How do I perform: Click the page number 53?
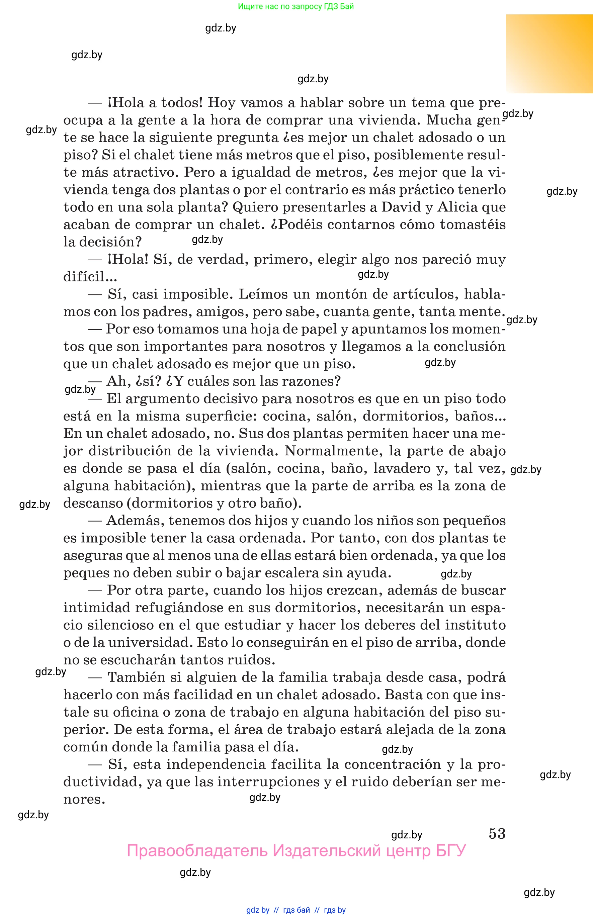click(x=497, y=833)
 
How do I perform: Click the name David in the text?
click(x=401, y=207)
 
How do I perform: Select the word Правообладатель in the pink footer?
click(x=197, y=850)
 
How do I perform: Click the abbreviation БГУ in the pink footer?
click(x=450, y=850)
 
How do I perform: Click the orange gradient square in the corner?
click(x=549, y=54)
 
